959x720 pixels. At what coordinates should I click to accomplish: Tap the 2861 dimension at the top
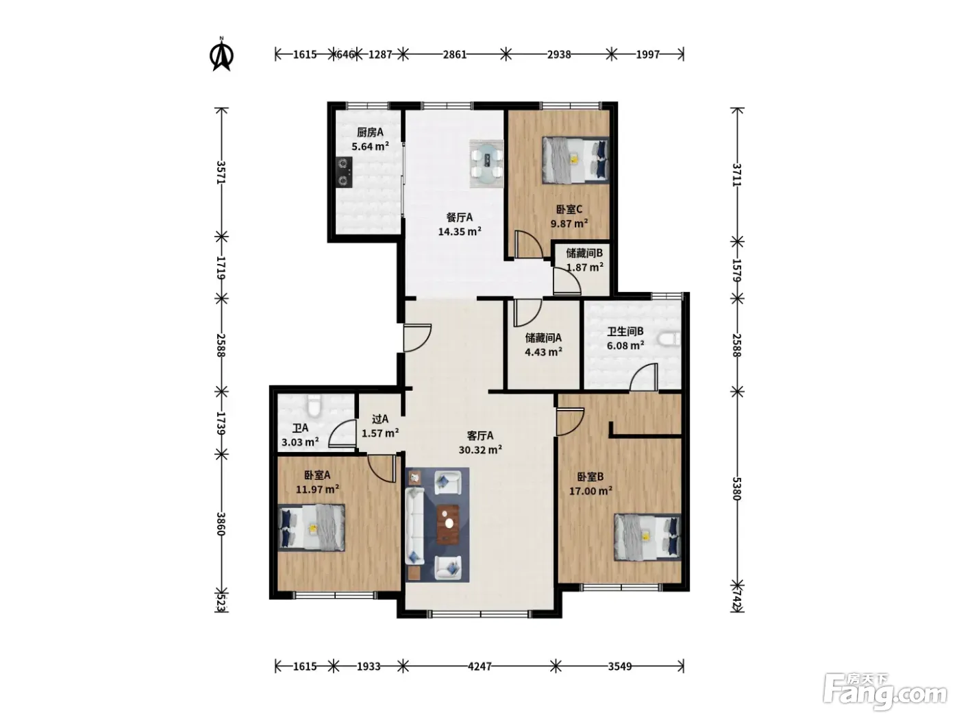[454, 55]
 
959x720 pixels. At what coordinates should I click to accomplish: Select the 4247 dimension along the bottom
[480, 667]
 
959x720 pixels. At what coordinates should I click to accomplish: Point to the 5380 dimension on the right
[736, 489]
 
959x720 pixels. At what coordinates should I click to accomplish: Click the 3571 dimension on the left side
[221, 172]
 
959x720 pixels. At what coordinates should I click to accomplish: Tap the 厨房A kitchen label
[370, 132]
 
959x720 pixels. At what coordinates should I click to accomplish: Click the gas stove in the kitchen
[345, 172]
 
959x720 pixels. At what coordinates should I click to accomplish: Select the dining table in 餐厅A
[486, 164]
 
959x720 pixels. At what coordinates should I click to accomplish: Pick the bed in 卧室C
[575, 160]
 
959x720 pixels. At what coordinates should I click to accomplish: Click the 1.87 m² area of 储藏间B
[584, 267]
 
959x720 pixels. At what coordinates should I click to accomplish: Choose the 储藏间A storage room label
[543, 337]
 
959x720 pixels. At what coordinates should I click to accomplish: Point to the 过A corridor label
[379, 419]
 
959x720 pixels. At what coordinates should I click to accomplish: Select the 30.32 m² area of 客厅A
[480, 449]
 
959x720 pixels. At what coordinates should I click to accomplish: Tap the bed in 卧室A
[312, 527]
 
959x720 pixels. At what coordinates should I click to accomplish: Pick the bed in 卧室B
[647, 538]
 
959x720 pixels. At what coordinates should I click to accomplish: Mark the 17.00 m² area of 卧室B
[590, 490]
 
